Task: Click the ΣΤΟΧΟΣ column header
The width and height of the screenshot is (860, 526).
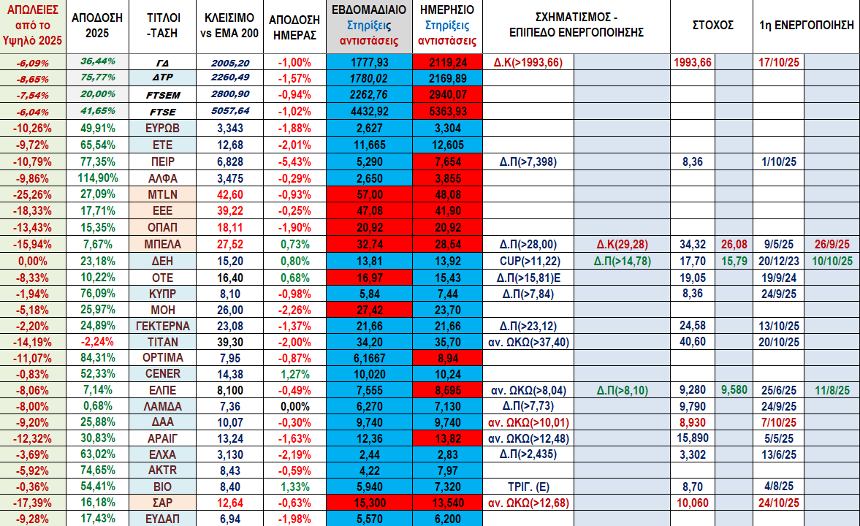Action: (x=712, y=24)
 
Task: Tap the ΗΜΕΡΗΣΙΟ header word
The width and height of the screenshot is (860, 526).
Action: (x=447, y=10)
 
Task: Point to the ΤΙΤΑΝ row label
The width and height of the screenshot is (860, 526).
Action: (x=163, y=342)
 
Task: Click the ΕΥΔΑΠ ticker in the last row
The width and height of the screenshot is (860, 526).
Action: (x=163, y=517)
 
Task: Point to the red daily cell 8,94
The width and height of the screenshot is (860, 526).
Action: (x=447, y=358)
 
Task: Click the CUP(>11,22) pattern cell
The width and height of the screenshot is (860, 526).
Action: (x=530, y=260)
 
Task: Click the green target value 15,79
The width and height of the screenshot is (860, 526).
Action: (x=734, y=260)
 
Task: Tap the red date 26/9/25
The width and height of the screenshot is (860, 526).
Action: (x=832, y=244)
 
